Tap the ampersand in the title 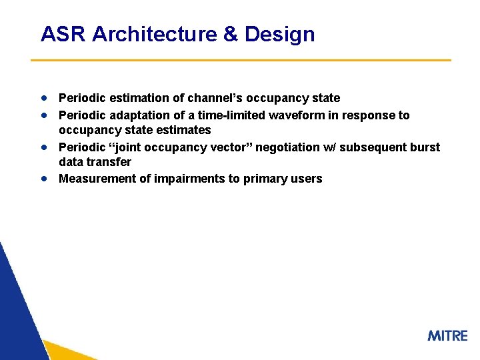(231, 34)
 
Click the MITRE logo (447, 335)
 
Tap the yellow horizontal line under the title (241, 61)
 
